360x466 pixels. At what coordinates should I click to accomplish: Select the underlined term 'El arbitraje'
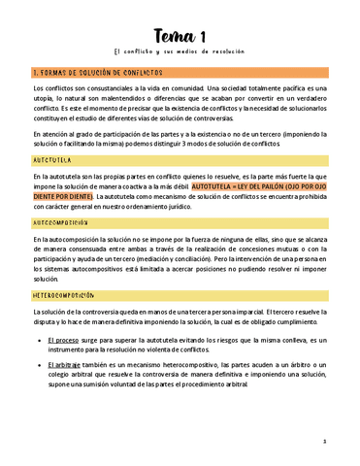[68, 362]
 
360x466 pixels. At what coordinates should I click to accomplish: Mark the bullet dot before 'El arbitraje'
[39, 362]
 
